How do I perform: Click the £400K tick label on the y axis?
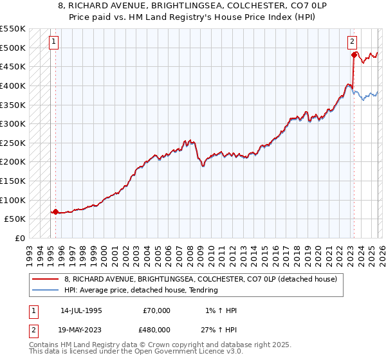(x=13, y=85)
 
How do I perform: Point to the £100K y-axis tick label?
(x=13, y=200)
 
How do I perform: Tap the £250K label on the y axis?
(x=13, y=143)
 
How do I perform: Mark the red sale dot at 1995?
(x=55, y=212)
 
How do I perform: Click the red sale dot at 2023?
(x=354, y=55)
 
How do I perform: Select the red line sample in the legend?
(x=46, y=280)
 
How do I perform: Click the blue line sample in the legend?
(x=46, y=290)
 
